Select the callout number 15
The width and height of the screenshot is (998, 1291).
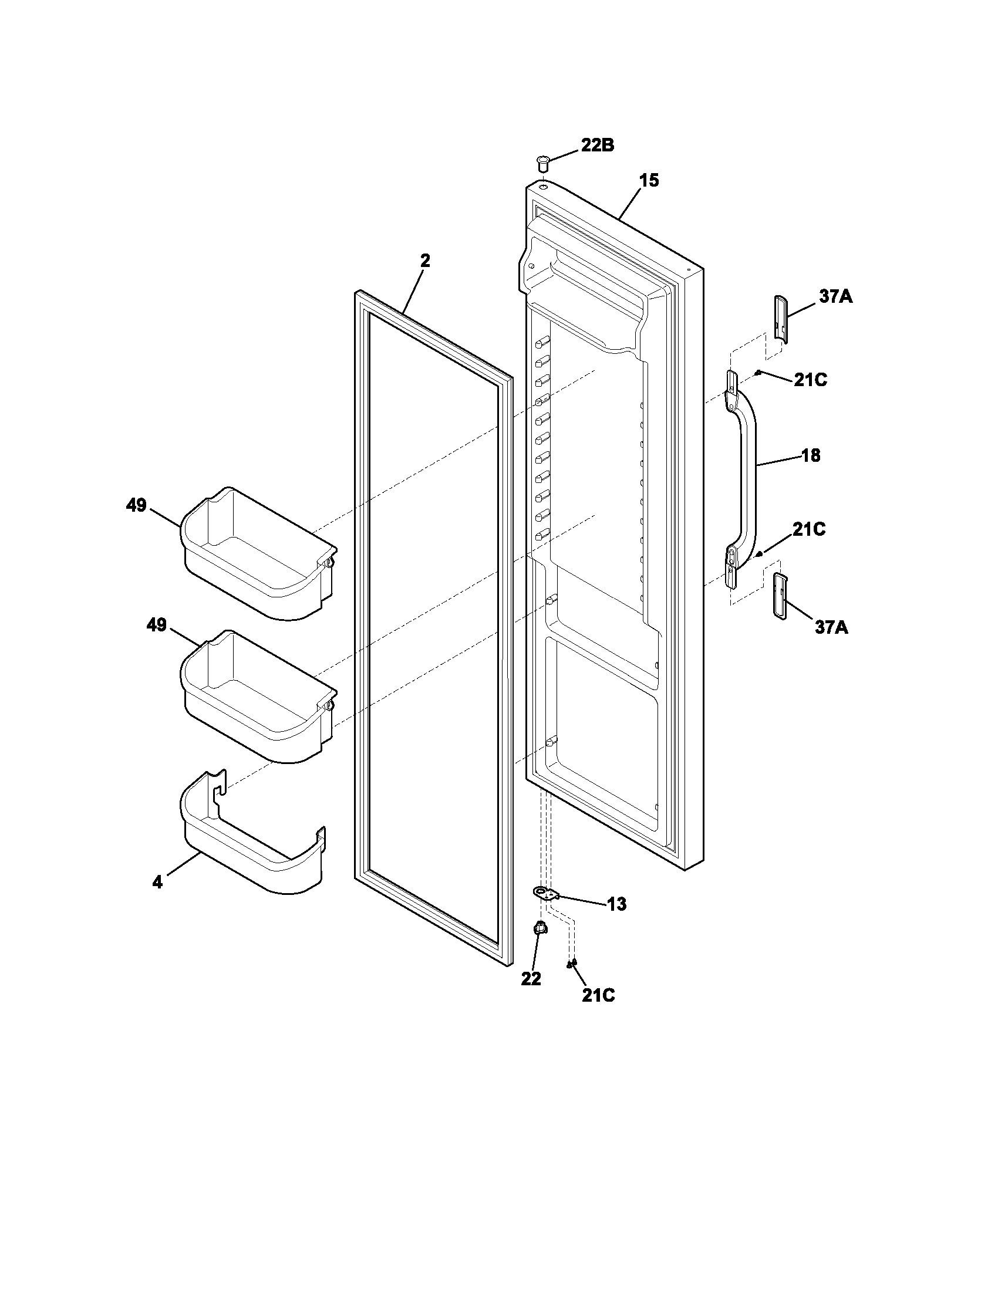(649, 180)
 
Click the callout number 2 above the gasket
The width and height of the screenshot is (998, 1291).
(424, 261)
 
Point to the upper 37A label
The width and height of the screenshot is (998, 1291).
(835, 296)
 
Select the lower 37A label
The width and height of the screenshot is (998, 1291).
(831, 627)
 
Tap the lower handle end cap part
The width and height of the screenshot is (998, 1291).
(780, 595)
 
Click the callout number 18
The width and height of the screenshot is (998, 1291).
(810, 455)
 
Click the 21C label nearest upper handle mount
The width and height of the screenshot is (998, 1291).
(810, 380)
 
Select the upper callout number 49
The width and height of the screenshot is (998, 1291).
(136, 505)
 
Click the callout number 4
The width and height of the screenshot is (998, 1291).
(157, 883)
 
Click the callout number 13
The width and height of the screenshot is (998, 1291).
(616, 904)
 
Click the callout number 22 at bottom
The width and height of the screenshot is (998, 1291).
(531, 978)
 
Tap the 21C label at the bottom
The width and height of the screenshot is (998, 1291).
(598, 995)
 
